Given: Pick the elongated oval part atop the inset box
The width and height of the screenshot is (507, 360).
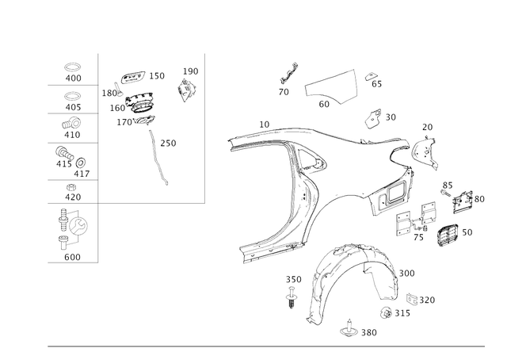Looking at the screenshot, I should click(135, 77).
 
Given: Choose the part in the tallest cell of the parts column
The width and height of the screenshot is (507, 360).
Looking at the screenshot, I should click(72, 230).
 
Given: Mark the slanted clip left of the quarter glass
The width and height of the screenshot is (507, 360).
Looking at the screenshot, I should click(288, 76).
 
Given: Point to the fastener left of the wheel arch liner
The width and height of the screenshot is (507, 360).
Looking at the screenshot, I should click(292, 289).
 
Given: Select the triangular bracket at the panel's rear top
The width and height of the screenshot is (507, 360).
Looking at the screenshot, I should click(424, 151).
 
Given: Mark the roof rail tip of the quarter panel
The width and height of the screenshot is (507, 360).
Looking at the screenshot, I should click(238, 143).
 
